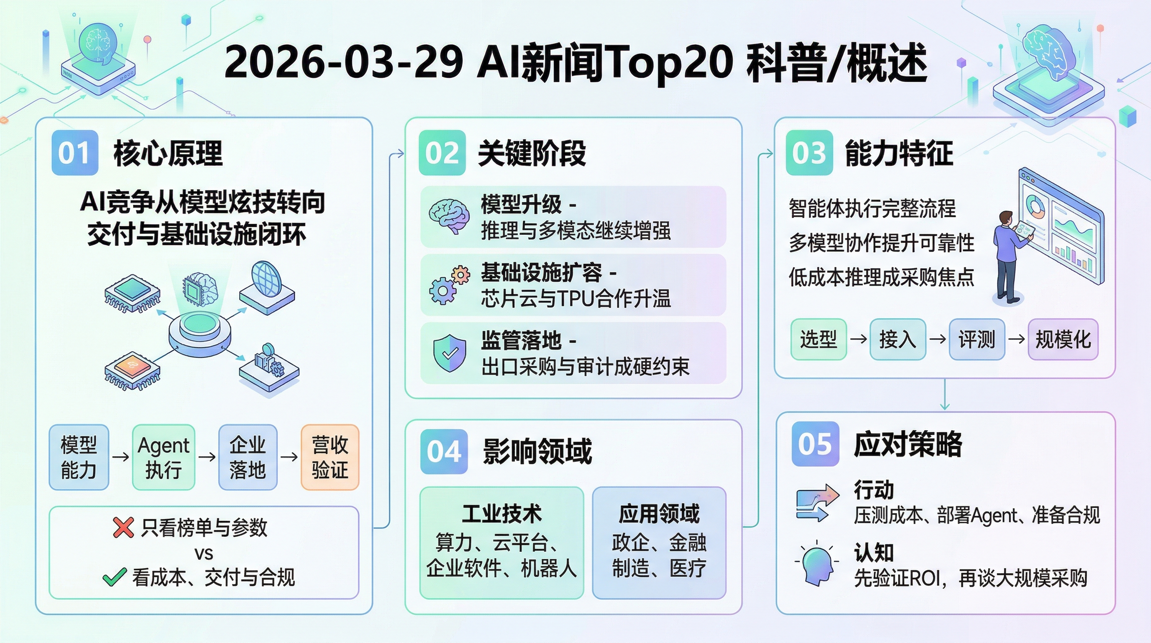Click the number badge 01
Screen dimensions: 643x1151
[x=74, y=152]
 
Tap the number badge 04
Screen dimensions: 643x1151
[x=444, y=451]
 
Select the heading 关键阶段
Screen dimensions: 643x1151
[x=532, y=153]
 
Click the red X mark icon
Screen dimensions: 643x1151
[x=123, y=527]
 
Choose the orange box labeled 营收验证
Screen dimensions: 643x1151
[x=330, y=457]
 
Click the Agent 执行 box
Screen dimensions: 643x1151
[x=164, y=457]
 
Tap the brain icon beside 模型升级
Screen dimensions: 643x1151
[x=449, y=216]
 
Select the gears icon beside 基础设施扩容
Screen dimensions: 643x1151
[x=449, y=285]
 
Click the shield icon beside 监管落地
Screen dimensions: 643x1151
[x=450, y=353]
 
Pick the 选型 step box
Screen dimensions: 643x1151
[x=818, y=339]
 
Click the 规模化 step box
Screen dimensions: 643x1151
[x=1063, y=339]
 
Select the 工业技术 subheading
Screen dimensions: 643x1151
[x=501, y=513]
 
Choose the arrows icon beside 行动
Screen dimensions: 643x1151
[x=818, y=503]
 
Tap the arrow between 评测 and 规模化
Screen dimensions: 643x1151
[x=1016, y=339]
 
